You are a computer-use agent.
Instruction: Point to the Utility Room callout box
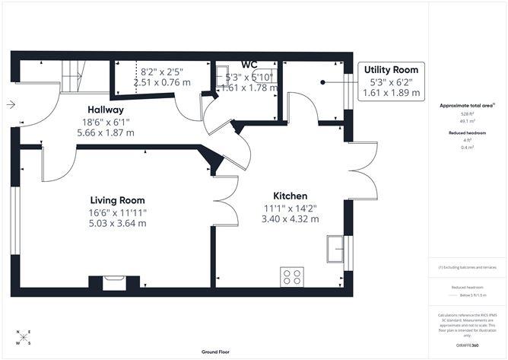392,81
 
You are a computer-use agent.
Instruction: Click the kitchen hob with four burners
292,276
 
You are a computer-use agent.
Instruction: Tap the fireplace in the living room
114,283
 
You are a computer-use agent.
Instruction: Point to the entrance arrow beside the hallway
8,105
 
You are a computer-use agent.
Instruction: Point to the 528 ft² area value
467,113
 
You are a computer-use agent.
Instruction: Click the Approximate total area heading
467,105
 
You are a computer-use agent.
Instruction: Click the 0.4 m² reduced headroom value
467,147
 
